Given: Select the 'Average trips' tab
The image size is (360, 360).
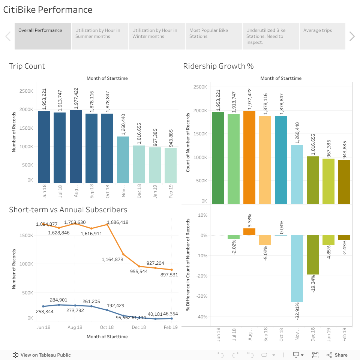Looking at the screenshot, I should [322, 36].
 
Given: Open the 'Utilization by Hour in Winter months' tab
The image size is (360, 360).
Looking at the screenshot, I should [156, 36].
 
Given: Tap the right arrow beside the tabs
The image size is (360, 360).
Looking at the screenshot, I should [352, 36].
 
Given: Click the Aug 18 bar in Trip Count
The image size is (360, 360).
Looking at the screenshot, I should [76, 147].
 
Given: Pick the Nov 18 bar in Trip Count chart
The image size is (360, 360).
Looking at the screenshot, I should [123, 160].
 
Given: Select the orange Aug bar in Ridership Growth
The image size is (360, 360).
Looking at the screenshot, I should [249, 157].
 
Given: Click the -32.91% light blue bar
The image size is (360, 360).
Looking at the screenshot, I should [297, 268].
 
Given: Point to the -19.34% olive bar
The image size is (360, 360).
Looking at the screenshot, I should [312, 255].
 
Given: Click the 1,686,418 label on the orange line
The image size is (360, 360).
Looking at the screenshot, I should [118, 222].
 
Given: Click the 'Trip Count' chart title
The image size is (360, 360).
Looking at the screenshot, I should [27, 66].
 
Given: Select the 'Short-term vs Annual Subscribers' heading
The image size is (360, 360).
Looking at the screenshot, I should [68, 210].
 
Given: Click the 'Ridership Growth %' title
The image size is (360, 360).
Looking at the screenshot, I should [218, 66].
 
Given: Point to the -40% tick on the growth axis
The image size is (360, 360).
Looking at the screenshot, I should [202, 317].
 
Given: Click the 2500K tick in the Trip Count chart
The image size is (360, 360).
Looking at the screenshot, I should [26, 91].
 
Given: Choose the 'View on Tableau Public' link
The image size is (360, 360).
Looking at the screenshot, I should [42, 355].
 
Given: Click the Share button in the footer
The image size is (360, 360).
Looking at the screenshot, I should [337, 355].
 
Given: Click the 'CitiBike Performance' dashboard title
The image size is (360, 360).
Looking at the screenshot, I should [48, 10].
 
